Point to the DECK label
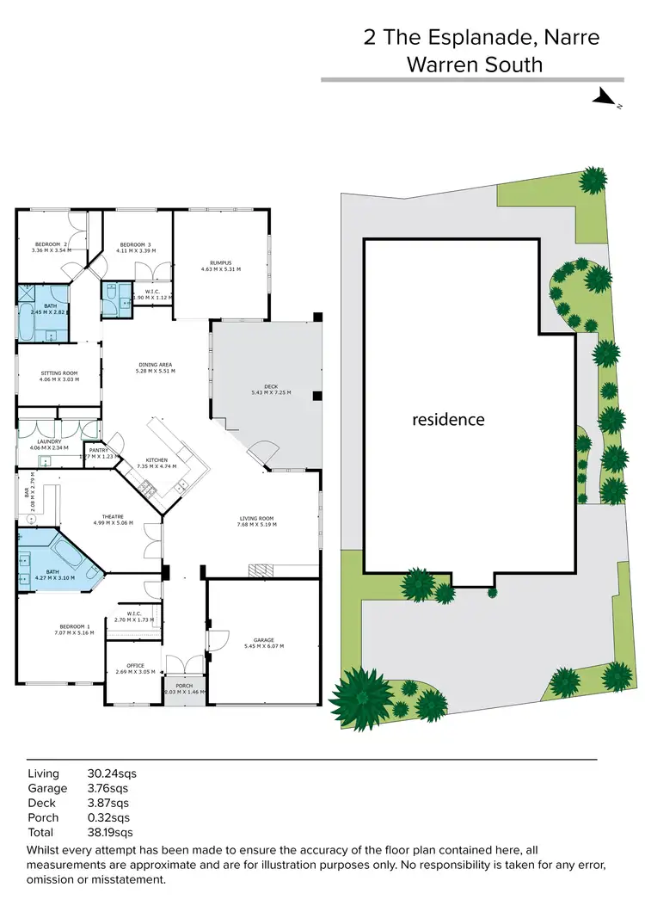tap(271, 389)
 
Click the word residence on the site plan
tap(447, 420)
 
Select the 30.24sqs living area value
tap(112, 773)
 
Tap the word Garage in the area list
tap(47, 788)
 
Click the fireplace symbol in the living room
tap(258, 570)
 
